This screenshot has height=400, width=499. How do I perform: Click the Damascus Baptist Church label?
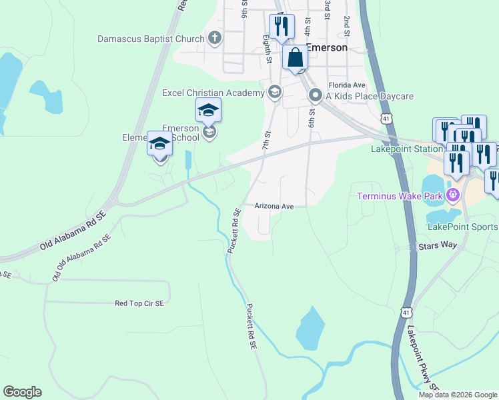[151, 39]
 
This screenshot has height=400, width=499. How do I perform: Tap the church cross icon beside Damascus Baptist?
[215, 38]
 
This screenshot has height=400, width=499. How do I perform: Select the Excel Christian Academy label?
[213, 93]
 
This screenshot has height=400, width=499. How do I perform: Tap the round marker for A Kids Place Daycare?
[315, 96]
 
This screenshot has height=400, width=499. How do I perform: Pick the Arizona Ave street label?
[274, 207]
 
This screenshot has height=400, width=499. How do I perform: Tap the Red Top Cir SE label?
[139, 303]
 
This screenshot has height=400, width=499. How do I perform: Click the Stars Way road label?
[438, 246]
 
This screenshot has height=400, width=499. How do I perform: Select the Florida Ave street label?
[346, 85]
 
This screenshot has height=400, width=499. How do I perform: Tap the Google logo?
[22, 392]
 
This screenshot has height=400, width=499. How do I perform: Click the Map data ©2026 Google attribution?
[458, 395]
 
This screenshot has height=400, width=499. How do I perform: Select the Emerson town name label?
[327, 48]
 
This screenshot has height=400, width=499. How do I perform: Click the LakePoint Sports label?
[462, 227]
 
